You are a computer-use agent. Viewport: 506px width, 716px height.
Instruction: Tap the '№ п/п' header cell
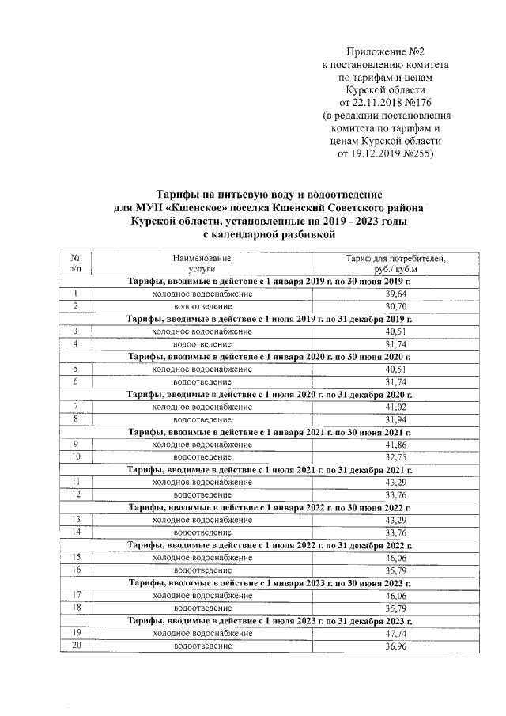pyautogui.click(x=74, y=264)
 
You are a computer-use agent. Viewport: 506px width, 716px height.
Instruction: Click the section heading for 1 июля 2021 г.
pyautogui.click(x=270, y=470)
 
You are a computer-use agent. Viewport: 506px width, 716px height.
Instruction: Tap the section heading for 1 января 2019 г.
pyautogui.click(x=270, y=282)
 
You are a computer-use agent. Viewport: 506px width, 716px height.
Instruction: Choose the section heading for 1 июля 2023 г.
pyautogui.click(x=270, y=621)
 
